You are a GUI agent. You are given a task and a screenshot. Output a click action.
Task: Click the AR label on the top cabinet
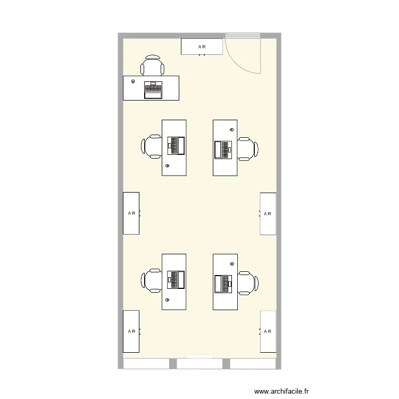[202, 47]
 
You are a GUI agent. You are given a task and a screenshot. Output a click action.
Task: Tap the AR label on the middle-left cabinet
[131, 213]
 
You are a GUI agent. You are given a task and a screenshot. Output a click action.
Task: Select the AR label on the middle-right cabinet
[268, 214]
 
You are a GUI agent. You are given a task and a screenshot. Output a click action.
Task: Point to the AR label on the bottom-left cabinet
[131, 331]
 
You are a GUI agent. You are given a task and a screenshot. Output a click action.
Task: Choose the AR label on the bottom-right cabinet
[268, 331]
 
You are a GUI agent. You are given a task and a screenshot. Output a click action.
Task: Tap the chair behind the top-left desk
[152, 65]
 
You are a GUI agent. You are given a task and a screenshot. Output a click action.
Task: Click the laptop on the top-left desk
[153, 90]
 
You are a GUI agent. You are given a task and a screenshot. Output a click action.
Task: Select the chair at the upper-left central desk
[152, 147]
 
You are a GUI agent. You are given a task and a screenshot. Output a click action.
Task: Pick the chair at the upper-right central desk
[248, 149]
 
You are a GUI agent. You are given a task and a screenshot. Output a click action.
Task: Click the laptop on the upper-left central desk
[176, 146]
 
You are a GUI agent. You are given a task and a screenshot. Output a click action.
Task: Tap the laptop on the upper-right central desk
[223, 150]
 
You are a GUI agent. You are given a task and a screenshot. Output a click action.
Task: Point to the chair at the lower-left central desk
[152, 280]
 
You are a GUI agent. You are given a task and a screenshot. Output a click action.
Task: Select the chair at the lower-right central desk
[248, 283]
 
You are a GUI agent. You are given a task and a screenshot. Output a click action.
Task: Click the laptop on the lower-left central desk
[176, 280]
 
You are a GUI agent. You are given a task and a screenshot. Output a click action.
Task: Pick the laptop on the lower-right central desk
[223, 284]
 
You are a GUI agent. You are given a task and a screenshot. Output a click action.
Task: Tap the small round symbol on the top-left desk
[133, 81]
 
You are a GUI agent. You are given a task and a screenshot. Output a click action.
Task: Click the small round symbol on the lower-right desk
[232, 264]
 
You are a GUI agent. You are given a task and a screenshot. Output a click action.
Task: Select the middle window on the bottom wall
[199, 363]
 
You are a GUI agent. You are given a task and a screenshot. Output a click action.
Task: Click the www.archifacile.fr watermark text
[281, 391]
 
